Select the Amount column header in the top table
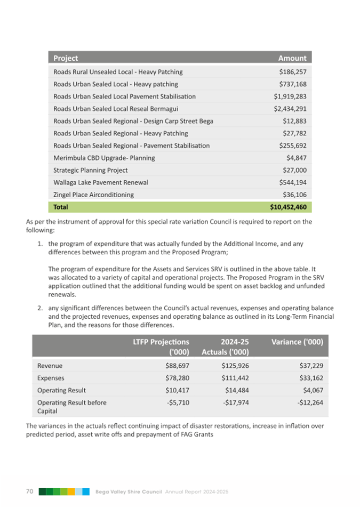(292, 58)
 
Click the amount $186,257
(292, 71)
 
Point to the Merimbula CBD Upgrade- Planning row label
(104, 158)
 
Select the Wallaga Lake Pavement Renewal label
(101, 182)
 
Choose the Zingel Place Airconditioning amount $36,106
(294, 195)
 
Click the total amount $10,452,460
(288, 206)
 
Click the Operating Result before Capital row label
(71, 407)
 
